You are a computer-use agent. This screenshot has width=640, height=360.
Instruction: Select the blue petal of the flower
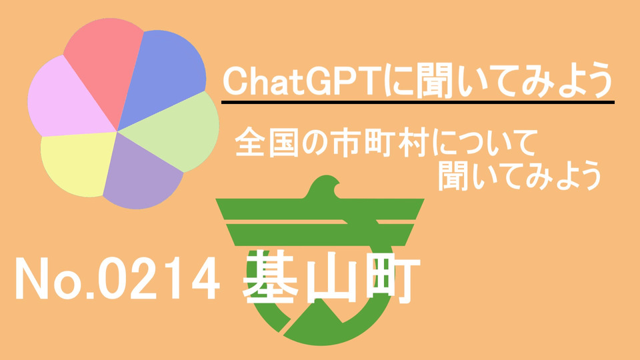click(163, 73)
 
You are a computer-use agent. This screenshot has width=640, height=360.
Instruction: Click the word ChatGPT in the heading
click(303, 81)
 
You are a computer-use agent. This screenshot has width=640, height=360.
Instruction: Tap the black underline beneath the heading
click(418, 102)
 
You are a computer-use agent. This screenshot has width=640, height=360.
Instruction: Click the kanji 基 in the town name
click(271, 277)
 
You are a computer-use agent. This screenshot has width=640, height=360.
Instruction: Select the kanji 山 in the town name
click(333, 277)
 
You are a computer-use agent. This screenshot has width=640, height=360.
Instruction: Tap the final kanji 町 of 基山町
click(393, 277)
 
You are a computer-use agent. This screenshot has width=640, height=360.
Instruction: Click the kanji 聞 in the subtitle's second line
click(453, 176)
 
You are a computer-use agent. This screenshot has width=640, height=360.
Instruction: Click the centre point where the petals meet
click(117, 131)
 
